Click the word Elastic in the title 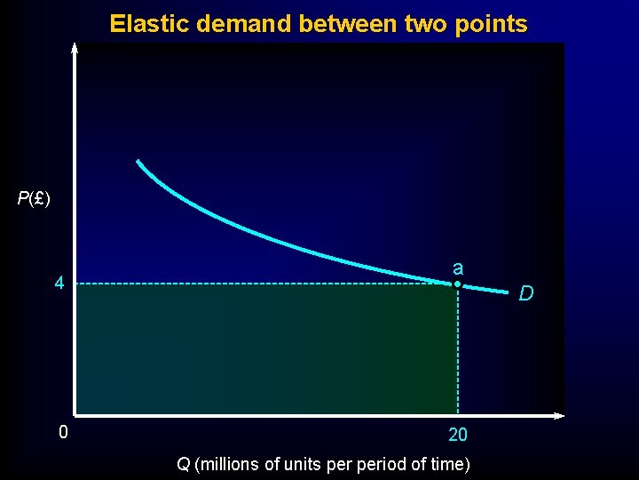[140, 24]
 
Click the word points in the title [496, 24]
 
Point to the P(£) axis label [34, 198]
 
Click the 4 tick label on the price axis [59, 284]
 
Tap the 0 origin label [62, 434]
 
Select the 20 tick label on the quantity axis [458, 436]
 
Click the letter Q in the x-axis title [183, 463]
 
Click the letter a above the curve [457, 268]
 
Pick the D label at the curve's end [526, 293]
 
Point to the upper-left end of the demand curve [138, 162]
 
